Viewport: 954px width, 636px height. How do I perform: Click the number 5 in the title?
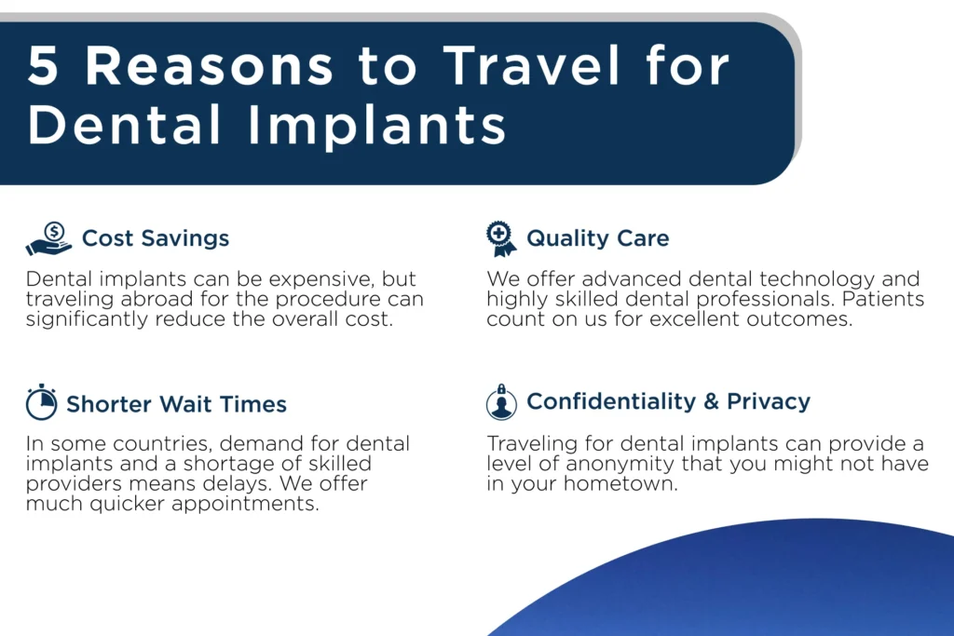tap(43, 65)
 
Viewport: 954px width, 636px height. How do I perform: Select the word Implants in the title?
tap(376, 126)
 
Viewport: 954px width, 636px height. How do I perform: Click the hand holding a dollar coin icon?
tap(48, 238)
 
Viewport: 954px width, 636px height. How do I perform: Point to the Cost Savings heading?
tap(156, 237)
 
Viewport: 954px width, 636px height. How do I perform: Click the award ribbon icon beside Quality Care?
tap(500, 238)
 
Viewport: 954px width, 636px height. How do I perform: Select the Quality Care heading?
tap(597, 238)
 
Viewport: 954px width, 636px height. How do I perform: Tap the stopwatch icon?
tap(41, 402)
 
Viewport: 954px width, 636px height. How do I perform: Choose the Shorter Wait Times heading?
tap(176, 404)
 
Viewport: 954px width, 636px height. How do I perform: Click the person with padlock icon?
tap(501, 402)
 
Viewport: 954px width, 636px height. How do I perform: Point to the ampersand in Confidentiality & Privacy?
tap(711, 401)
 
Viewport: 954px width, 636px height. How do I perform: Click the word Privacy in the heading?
tap(769, 402)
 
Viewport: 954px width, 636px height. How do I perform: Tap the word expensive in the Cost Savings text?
tap(321, 279)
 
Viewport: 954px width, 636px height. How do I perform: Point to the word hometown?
tap(620, 484)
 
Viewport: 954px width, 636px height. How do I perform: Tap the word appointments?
tap(245, 504)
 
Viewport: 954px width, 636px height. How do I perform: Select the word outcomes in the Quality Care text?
tap(799, 319)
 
